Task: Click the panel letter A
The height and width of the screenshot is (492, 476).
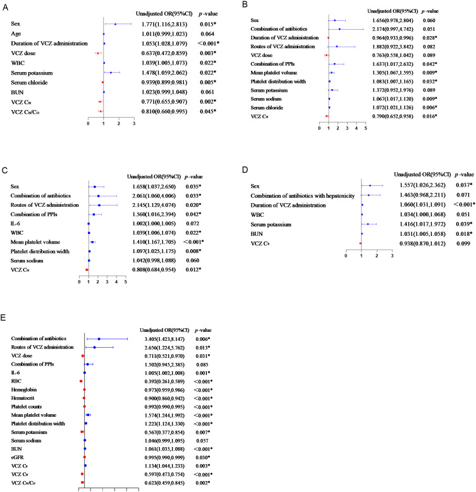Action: (5, 7)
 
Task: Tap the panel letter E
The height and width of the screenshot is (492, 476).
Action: (3, 317)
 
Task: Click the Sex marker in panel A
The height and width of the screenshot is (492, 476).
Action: (116, 24)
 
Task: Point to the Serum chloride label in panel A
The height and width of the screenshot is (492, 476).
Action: (29, 82)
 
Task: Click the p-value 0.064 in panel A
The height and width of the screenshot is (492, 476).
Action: (207, 34)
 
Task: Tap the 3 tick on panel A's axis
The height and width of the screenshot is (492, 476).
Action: (134, 123)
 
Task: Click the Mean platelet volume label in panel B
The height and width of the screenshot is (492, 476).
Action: (274, 73)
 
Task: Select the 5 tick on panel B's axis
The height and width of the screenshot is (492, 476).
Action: (365, 128)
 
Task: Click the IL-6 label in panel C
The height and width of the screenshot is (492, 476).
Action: (15, 223)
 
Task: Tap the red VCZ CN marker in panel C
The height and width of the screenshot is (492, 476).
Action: (87, 269)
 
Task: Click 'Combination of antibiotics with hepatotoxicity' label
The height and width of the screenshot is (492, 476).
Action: (302, 196)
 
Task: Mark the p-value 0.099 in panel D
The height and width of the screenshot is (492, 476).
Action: (463, 243)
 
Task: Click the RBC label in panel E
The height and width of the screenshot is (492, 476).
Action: (16, 381)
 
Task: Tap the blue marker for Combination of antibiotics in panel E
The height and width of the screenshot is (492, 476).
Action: (99, 339)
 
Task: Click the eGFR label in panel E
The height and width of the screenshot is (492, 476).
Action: (17, 457)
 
